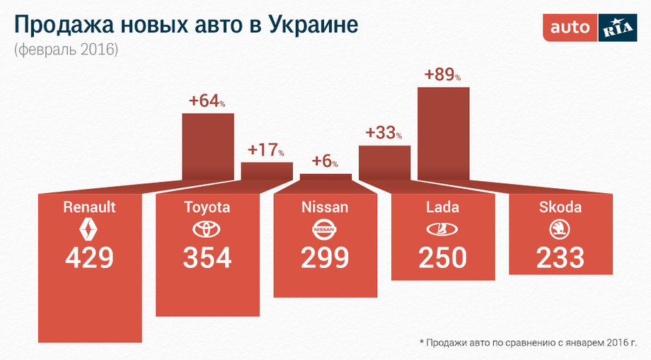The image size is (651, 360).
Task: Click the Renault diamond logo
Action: click(89, 229)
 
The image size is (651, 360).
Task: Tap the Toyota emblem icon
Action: click(207, 229)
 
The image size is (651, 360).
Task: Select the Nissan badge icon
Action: click(325, 229)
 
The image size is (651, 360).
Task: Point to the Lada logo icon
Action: click(442, 229)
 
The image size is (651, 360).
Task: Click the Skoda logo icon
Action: click(560, 229)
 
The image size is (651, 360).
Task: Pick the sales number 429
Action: click(89, 258)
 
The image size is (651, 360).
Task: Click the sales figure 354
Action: click(207, 258)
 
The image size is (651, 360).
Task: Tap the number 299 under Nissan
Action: click(325, 258)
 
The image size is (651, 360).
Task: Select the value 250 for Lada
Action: click(442, 258)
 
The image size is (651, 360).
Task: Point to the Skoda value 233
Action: click(560, 258)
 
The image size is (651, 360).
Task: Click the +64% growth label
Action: click(207, 101)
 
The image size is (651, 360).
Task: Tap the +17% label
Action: click(266, 151)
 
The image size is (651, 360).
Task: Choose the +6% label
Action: click(325, 161)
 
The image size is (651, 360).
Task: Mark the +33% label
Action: click(384, 133)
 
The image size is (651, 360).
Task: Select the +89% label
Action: click(442, 74)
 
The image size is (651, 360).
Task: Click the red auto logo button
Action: click(570, 28)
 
